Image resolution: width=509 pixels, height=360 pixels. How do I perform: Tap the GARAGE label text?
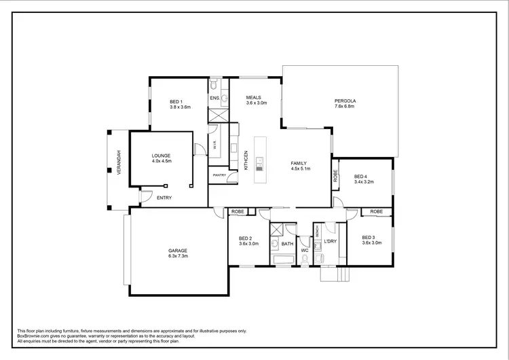click(178, 251)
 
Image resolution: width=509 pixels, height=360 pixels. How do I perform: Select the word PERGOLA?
click(345, 101)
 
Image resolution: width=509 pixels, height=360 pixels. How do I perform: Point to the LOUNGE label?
click(162, 156)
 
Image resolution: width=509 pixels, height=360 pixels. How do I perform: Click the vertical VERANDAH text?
click(118, 163)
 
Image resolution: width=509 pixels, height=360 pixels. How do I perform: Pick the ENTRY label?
click(164, 198)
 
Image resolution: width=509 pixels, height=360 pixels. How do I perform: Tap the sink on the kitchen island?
click(259, 160)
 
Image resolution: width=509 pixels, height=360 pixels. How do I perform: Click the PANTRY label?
click(219, 175)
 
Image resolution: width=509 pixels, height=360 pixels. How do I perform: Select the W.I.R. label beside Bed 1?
click(214, 145)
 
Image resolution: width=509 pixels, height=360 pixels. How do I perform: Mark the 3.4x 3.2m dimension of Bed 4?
click(364, 183)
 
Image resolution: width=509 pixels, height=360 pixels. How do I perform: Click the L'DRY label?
click(330, 242)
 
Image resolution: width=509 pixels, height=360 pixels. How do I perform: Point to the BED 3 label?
click(369, 237)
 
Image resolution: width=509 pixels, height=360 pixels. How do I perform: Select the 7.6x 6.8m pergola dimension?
click(345, 107)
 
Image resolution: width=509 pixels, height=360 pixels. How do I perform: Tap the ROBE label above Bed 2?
click(238, 212)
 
